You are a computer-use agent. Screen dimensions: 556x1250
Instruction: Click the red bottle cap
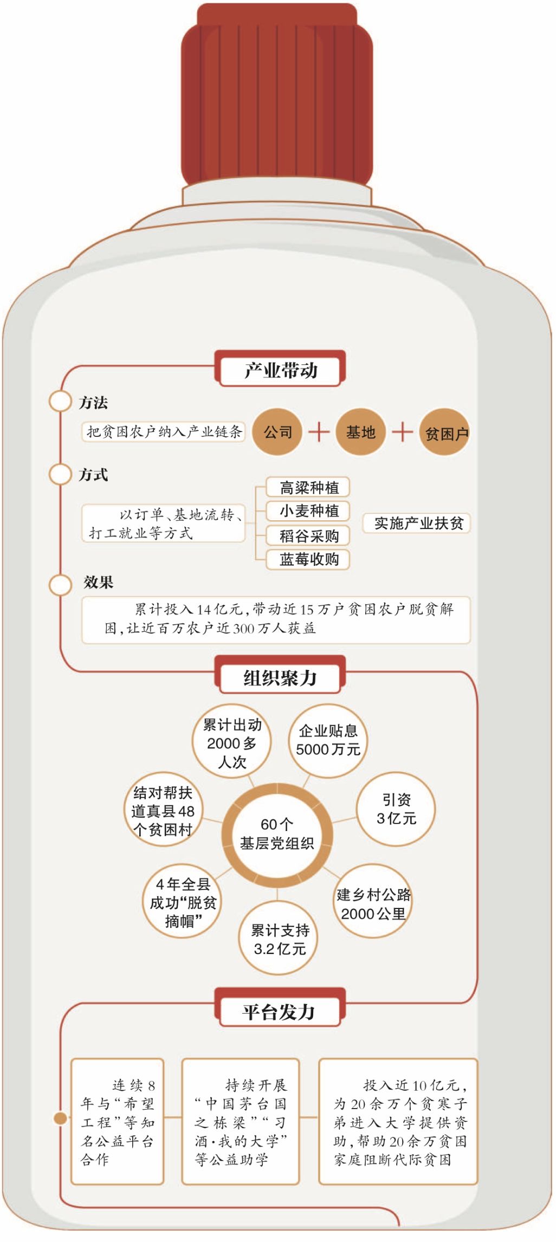[x=277, y=95]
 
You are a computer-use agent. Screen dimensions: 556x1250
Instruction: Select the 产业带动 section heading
[x=280, y=370]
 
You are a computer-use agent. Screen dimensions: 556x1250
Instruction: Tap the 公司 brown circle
[x=277, y=432]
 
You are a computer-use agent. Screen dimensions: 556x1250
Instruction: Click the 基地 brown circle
[x=360, y=432]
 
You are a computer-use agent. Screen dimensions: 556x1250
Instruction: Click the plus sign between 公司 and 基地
[x=319, y=432]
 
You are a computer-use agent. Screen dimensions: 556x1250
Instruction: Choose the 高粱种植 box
[x=308, y=487]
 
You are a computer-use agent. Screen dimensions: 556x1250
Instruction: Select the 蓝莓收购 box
[x=308, y=559]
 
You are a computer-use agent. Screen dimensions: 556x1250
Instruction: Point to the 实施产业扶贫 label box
[x=417, y=523]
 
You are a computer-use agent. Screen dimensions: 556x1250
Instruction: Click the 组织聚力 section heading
[x=280, y=676]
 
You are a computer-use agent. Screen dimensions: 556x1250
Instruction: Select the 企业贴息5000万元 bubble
[x=328, y=740]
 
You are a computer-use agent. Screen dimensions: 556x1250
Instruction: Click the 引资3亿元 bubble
[x=396, y=809]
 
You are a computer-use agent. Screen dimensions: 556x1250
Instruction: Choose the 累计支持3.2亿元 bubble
[x=279, y=938]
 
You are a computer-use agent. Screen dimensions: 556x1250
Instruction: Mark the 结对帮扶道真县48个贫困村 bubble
[x=163, y=811]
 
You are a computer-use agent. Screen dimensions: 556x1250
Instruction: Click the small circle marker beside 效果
[x=60, y=584]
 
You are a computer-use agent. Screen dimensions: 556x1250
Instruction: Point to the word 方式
[x=94, y=475]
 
